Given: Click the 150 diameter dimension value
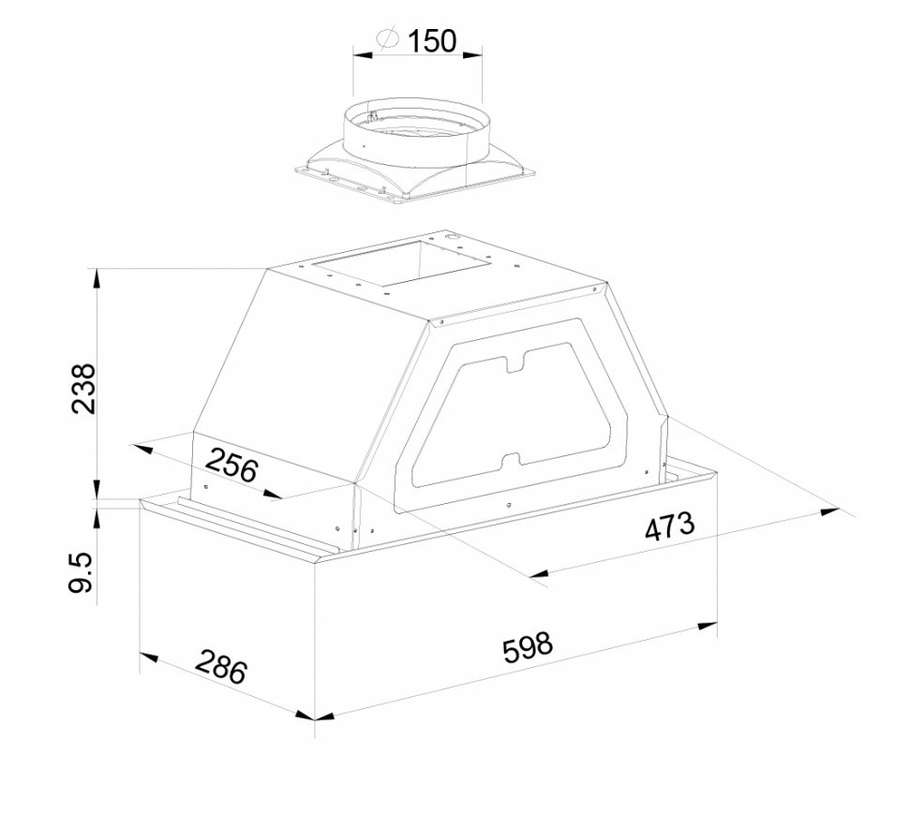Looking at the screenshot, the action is (x=432, y=40).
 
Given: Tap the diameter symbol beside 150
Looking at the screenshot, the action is (x=388, y=37).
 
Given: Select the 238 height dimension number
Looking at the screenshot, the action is (x=82, y=388).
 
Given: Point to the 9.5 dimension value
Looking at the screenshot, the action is (x=80, y=573).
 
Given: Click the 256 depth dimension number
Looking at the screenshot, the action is (x=231, y=466).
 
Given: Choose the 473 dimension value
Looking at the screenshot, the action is (x=670, y=526).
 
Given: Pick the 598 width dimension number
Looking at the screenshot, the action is (x=528, y=646).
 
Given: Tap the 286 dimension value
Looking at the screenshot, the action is (x=221, y=666).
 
